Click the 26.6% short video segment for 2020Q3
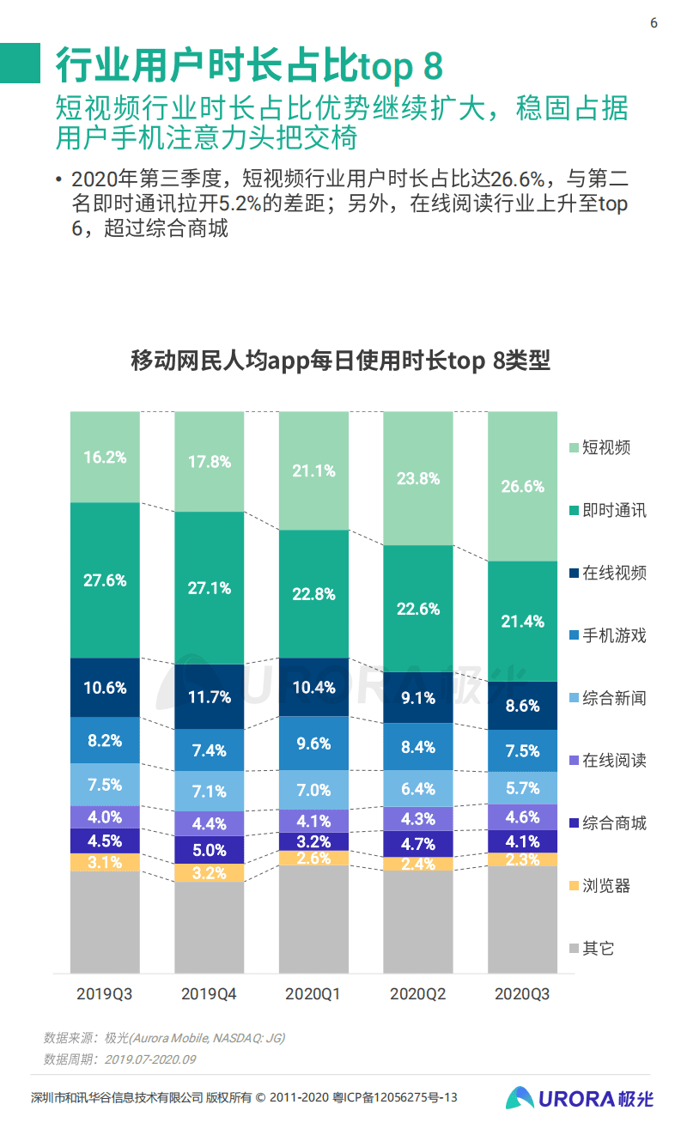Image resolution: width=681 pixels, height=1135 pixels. click(523, 486)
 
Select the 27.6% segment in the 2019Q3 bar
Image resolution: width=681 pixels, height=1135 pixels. click(105, 580)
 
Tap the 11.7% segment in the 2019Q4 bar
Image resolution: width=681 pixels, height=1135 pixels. click(210, 696)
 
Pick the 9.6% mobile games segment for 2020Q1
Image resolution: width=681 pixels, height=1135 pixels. click(313, 743)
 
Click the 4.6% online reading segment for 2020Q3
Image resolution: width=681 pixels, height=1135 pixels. click(523, 816)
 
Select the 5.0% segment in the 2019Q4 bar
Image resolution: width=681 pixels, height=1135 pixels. click(210, 850)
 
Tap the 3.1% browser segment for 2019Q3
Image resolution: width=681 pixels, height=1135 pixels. click(105, 862)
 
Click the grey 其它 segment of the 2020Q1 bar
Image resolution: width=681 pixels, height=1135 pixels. click(313, 919)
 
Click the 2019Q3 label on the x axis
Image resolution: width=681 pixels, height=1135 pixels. click(105, 994)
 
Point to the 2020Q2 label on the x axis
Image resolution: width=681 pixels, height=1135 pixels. click(418, 994)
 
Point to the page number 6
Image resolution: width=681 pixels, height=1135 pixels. click(654, 23)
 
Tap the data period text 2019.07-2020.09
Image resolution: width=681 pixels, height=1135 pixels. click(150, 1059)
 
